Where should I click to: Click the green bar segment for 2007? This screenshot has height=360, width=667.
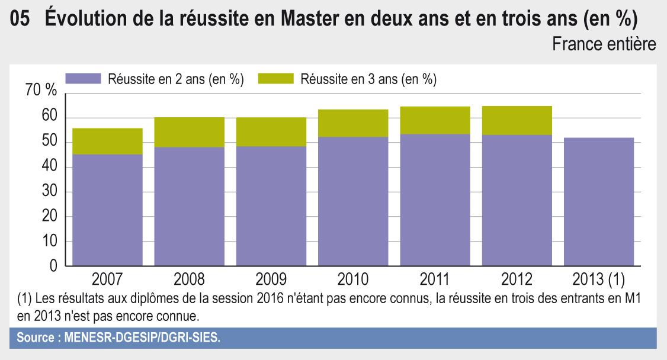[107, 141]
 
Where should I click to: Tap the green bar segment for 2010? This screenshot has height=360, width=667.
[353, 123]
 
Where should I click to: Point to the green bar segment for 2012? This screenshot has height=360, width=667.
[517, 120]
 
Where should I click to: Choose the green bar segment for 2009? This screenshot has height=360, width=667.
[271, 131]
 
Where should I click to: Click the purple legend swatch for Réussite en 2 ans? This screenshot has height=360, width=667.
[83, 79]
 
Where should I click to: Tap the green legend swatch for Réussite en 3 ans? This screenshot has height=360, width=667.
[276, 79]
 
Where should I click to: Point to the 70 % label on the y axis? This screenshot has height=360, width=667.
[41, 91]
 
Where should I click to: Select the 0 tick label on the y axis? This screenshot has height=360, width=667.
[53, 267]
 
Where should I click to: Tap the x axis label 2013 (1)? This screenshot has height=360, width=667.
[599, 279]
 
